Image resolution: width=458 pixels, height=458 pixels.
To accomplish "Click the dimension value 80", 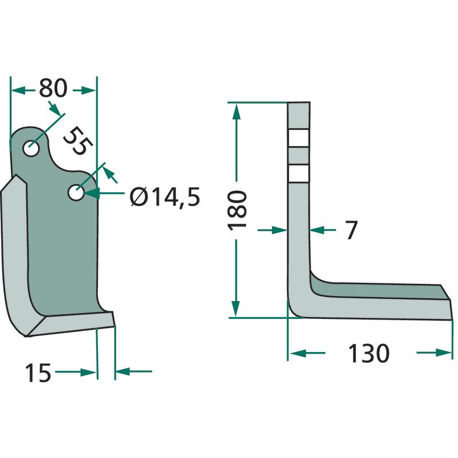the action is [53, 88].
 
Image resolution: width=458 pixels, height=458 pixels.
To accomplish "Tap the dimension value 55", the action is [78, 141].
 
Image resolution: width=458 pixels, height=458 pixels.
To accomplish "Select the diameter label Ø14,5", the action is [165, 197].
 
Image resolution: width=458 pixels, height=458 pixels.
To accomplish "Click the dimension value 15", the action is [38, 373].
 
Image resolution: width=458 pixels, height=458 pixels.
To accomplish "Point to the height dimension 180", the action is [237, 210].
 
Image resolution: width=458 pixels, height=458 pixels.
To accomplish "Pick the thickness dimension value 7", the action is [351, 230].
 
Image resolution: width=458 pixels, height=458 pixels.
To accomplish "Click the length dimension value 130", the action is [369, 353].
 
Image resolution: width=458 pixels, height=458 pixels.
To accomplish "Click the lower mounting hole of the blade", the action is [76, 192].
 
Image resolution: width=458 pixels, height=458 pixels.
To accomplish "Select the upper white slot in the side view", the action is [298, 138].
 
